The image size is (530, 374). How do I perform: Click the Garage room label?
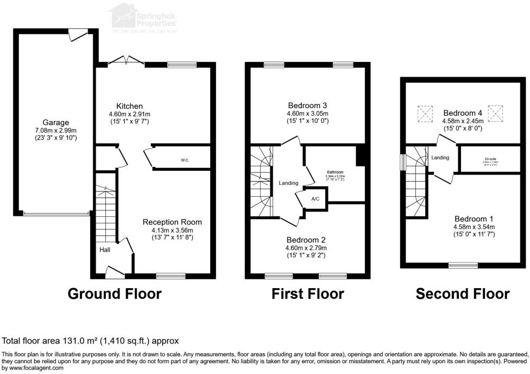click(56, 122)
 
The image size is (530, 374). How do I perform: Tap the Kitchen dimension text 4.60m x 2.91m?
click(129, 114)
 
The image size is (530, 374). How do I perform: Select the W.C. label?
click(185, 160)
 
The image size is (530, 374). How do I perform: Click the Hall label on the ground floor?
click(105, 250)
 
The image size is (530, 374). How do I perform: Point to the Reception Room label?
click(172, 222)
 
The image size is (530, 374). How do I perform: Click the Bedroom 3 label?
click(307, 105)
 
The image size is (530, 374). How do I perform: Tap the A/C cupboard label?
click(316, 199)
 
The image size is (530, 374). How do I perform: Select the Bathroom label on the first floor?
click(336, 171)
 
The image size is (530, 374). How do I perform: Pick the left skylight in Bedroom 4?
click(424, 114)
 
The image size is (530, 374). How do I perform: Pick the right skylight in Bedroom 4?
click(495, 113)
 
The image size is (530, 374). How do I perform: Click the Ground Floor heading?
click(115, 294)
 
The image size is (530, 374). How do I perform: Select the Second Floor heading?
click(463, 294)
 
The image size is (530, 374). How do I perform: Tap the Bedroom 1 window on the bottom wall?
click(463, 265)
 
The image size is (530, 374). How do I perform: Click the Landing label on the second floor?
click(440, 158)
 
